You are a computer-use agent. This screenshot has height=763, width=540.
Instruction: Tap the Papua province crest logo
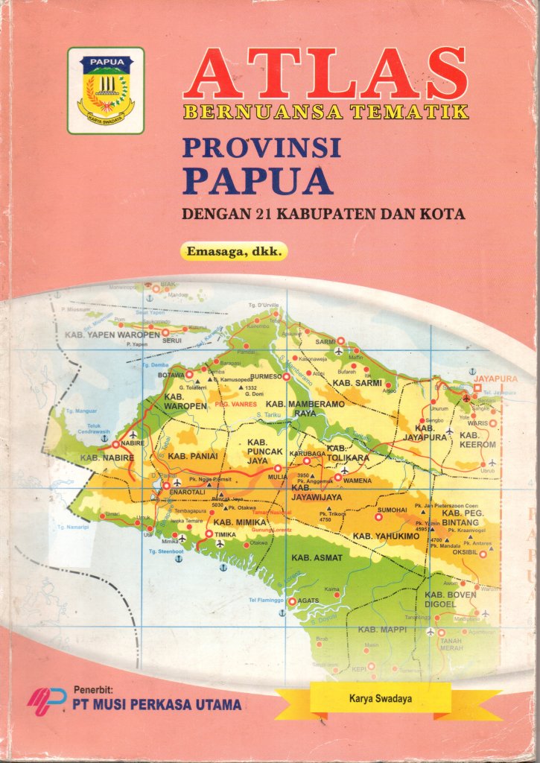106,90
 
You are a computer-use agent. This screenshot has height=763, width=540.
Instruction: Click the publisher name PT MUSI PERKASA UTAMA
156,703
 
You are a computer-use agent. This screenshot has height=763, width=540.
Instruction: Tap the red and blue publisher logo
47,699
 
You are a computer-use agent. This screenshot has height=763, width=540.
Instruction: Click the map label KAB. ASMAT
317,557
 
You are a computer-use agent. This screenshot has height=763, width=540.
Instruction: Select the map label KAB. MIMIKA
240,522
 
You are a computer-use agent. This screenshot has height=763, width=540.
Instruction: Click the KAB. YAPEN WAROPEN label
112,335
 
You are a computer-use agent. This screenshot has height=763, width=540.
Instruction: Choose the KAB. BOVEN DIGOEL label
450,599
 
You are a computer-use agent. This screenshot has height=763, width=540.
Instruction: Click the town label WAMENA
357,481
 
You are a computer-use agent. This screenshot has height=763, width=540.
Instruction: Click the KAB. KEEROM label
477,439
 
